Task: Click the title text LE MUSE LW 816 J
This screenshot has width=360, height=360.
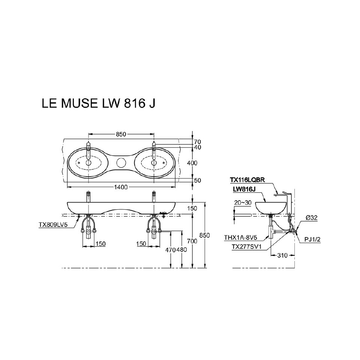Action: (x=98, y=104)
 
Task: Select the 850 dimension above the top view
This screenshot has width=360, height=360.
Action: (x=121, y=134)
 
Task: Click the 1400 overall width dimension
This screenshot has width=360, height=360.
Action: (x=121, y=186)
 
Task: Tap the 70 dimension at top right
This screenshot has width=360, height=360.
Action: (x=198, y=142)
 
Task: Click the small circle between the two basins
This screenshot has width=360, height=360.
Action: (x=121, y=163)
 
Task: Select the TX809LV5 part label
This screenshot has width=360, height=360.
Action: (x=52, y=225)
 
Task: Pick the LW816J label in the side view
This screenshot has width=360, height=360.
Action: (x=244, y=189)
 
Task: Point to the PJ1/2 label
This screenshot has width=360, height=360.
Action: (x=312, y=240)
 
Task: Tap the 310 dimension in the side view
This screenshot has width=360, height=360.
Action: (x=282, y=255)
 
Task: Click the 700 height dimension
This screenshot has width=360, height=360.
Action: (x=192, y=241)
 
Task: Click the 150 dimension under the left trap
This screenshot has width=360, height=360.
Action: (x=100, y=244)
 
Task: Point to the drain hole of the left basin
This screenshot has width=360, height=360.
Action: (x=88, y=163)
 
